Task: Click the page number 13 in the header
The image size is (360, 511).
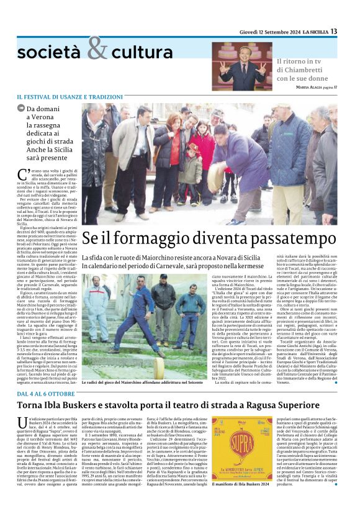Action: tap(351, 32)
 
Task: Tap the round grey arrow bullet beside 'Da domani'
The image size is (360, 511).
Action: tap(21, 109)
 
